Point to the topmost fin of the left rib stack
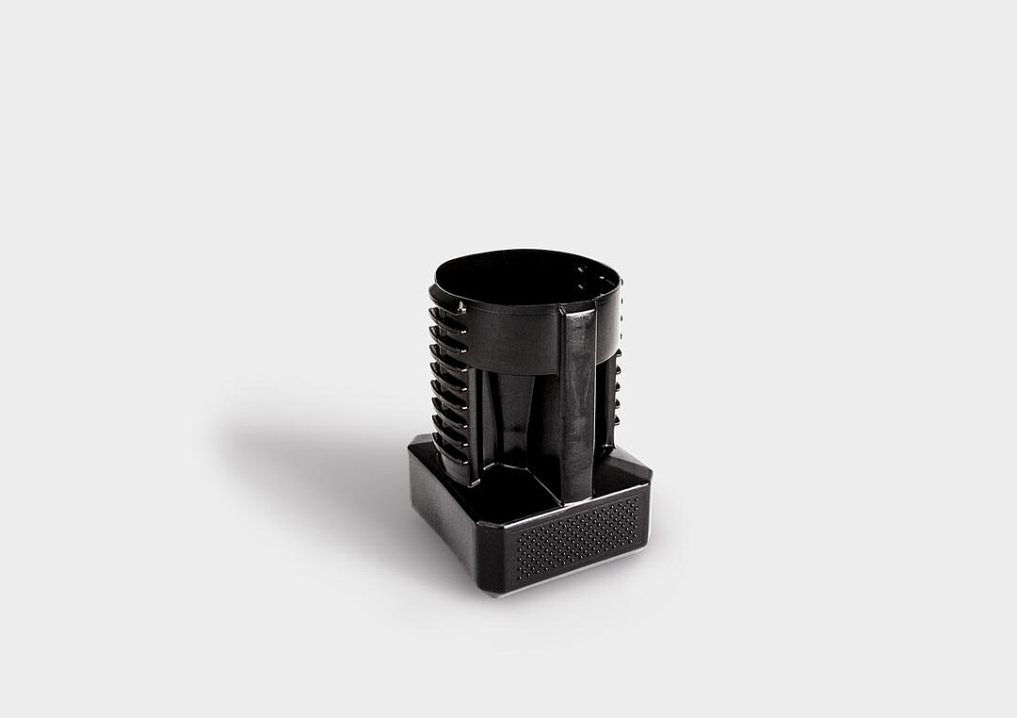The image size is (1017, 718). pyautogui.click(x=446, y=315)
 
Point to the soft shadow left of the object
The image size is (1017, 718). pyautogui.click(x=311, y=462)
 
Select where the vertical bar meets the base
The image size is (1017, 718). pyautogui.click(x=576, y=497)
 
